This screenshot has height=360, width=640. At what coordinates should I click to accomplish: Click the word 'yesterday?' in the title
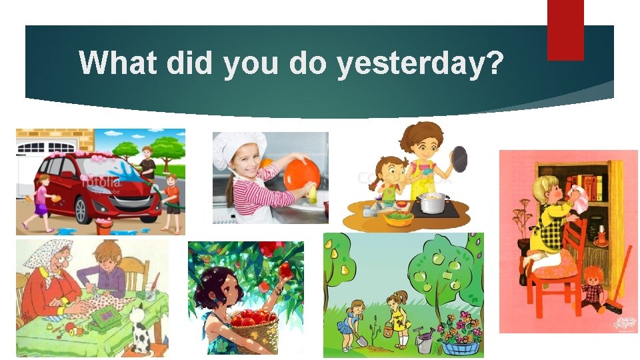pos(420,63)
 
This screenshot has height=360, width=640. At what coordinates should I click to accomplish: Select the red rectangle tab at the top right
pos(565,30)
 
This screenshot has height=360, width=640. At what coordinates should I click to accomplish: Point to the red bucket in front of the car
pos(103,227)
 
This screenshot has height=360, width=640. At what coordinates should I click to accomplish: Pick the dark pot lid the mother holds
pos(459,159)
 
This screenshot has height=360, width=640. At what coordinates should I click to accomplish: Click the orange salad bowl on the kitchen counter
pos(398,218)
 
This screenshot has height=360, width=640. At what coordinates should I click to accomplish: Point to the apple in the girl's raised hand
pos(286,269)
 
